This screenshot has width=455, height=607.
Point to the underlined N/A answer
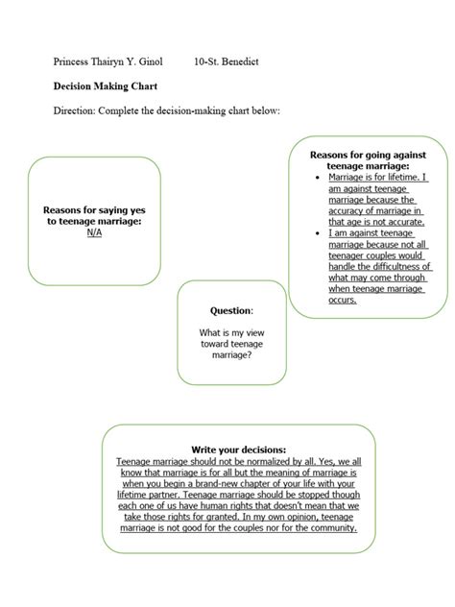[x=93, y=232]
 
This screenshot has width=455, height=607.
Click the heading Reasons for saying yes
[x=93, y=209]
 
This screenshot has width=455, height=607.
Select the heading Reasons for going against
[x=370, y=154]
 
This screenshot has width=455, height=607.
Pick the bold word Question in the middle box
[x=230, y=311]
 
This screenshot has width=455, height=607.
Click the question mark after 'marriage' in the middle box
[x=251, y=354]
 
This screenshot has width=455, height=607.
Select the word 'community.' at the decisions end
[x=325, y=527]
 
